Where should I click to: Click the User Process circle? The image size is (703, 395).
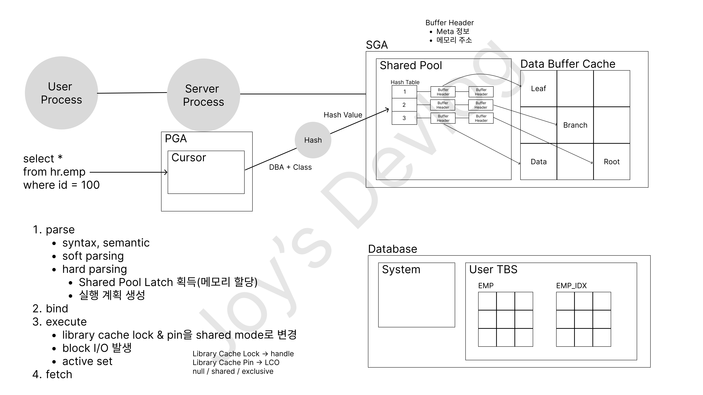coord(61,93)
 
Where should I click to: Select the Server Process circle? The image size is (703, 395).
coord(203,95)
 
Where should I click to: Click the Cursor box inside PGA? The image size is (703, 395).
coord(206,172)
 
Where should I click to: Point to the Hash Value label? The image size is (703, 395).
coord(343,115)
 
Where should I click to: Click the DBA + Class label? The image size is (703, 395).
coord(290,167)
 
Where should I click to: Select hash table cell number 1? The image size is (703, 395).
coord(404,92)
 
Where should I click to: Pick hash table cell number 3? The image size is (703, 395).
coord(404,118)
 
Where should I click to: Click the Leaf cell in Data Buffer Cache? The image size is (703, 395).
coord(538,89)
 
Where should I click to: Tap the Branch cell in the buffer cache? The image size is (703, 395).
coord(575,125)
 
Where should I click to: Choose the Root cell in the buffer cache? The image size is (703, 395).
coord(612,162)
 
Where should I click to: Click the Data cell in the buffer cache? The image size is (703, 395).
coord(538,162)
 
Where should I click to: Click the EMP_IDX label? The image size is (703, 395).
coord(571,285)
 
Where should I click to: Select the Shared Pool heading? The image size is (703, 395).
coord(410,65)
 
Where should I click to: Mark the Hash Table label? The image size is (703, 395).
coord(405,82)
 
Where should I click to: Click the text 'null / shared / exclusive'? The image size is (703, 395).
coord(233,371)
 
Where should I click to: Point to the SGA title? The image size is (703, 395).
coord(377,45)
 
